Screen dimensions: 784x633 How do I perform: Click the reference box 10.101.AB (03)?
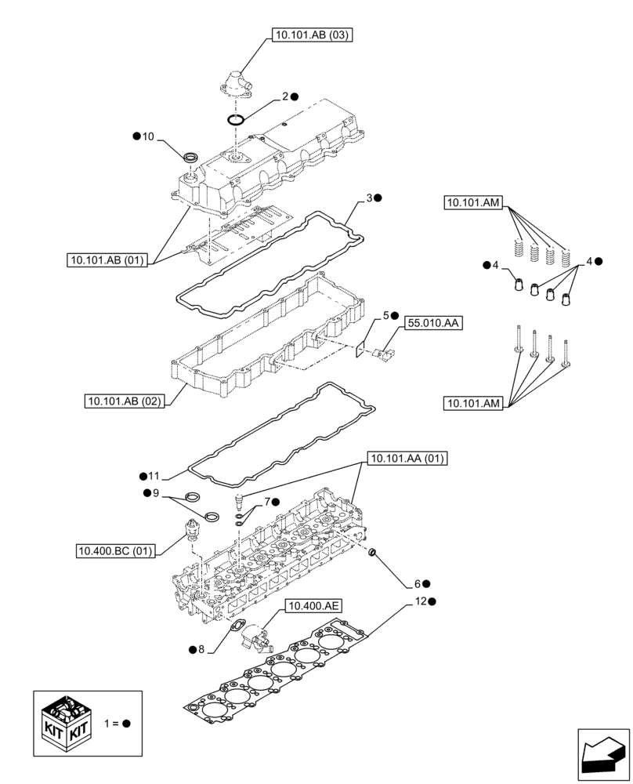[310, 34]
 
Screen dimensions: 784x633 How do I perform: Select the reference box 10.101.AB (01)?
[107, 260]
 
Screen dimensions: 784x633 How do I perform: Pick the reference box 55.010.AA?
[433, 322]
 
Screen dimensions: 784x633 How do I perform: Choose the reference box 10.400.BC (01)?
[116, 551]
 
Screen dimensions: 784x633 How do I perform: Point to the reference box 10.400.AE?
[313, 605]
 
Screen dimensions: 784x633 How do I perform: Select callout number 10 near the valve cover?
[148, 136]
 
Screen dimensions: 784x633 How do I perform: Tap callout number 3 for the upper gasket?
[367, 198]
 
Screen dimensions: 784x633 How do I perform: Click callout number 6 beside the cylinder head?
[418, 583]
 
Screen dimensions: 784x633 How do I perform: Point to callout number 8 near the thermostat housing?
[201, 649]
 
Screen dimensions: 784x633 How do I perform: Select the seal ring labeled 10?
[191, 159]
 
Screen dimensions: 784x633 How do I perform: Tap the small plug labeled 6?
[374, 555]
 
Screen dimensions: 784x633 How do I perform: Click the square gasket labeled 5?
[362, 349]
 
